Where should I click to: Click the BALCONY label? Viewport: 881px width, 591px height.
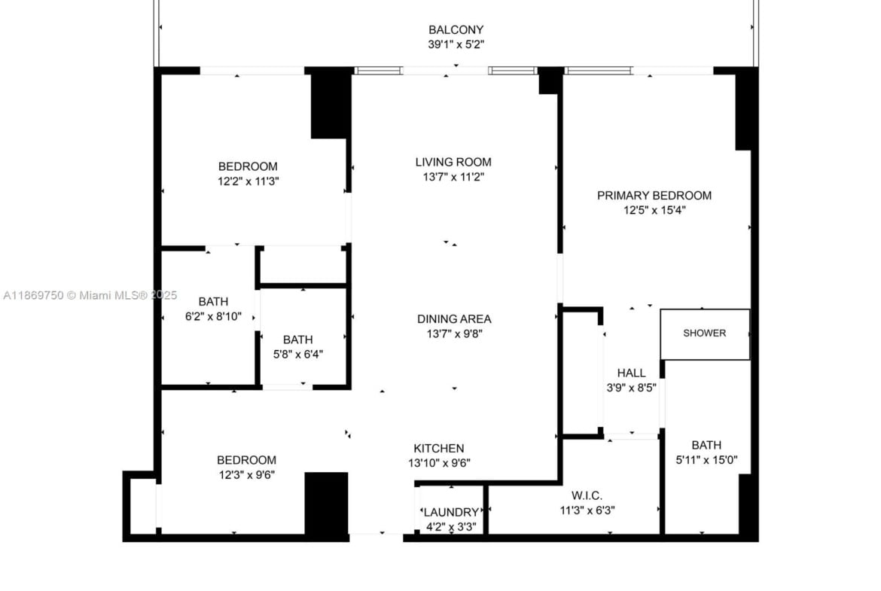[456, 30]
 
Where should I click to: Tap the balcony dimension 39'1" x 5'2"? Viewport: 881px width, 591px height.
[456, 44]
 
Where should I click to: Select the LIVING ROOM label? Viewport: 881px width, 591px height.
[453, 163]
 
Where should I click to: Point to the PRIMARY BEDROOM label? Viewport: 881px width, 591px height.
[654, 196]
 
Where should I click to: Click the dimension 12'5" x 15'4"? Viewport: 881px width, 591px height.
[654, 210]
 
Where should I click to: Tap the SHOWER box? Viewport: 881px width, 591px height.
[705, 334]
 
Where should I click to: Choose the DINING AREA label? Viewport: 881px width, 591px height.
[454, 319]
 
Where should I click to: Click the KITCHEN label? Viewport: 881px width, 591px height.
[439, 448]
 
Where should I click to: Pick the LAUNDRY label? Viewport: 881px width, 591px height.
[451, 513]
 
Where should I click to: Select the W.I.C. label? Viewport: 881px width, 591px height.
[587, 495]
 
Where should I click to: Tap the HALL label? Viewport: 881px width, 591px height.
[632, 373]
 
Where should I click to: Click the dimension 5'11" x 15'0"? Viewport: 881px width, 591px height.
[706, 460]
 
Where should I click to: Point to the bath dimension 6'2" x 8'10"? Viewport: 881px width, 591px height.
[214, 316]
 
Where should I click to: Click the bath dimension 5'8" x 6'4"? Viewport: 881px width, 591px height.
[297, 355]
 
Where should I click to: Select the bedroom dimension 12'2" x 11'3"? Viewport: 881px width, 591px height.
[248, 181]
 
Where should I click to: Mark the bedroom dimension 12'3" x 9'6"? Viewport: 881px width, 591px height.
[247, 475]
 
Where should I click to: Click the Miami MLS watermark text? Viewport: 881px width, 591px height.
[90, 295]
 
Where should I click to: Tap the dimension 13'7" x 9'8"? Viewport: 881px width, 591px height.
[454, 334]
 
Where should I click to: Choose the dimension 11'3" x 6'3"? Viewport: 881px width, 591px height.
[587, 510]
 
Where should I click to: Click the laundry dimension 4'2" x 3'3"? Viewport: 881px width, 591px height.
[451, 527]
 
